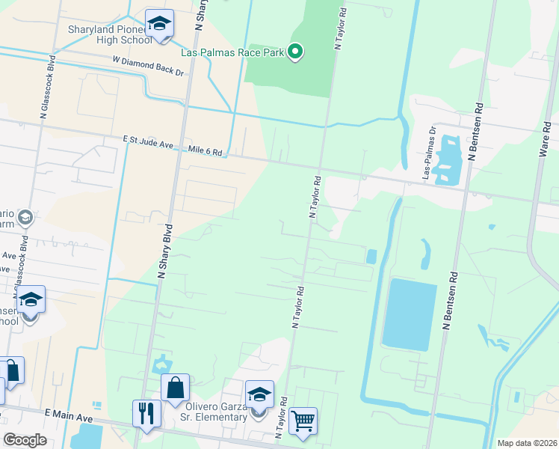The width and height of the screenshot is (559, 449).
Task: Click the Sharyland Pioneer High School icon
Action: click(x=159, y=23)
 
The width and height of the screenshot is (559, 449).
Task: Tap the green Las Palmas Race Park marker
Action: click(x=295, y=52)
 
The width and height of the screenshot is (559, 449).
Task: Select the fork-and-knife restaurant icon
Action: click(x=146, y=413)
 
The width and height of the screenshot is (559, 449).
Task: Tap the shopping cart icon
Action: click(x=303, y=421)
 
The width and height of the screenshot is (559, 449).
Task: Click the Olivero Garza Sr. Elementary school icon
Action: click(x=259, y=394)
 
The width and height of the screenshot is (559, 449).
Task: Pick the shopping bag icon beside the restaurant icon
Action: click(x=176, y=388)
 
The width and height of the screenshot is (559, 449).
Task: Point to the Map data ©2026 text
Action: click(x=528, y=443)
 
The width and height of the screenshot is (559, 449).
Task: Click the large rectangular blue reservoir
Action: click(x=409, y=314)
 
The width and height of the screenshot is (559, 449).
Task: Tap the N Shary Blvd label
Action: click(x=164, y=251)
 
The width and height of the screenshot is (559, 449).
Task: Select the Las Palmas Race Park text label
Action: click(x=233, y=52)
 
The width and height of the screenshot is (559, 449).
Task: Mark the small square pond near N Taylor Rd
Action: click(x=371, y=256)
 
